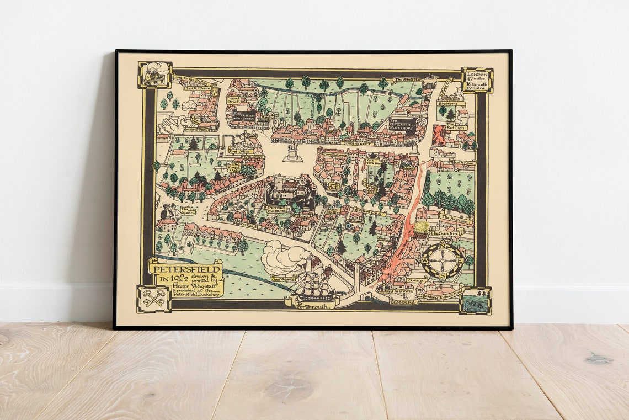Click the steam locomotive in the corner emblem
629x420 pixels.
coord(154,75)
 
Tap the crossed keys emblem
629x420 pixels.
coord(154,299)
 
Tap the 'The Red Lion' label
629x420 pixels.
coord(456,126)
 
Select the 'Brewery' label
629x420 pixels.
coord(450,103)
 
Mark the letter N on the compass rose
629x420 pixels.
coord(443,246)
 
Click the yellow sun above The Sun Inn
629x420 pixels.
coord(422,226)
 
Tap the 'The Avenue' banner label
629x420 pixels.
coord(456,219)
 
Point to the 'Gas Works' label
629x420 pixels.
coord(284,280)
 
